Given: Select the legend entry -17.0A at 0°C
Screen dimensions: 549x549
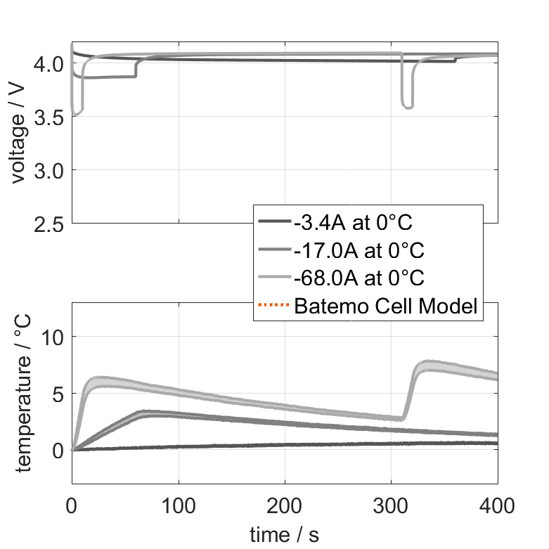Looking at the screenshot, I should pyautogui.click(x=359, y=250).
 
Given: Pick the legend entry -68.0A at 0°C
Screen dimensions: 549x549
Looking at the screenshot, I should pyautogui.click(x=359, y=278).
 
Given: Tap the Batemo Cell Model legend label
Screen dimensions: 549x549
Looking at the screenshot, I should pyautogui.click(x=387, y=306).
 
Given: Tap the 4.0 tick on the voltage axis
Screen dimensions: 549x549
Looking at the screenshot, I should pyautogui.click(x=49, y=64).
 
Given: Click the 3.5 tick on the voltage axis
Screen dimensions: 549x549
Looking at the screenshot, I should pyautogui.click(x=49, y=117).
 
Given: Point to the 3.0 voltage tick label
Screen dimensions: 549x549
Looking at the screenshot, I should pyautogui.click(x=49, y=171).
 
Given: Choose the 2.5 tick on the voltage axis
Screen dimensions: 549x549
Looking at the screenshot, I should pyautogui.click(x=49, y=224).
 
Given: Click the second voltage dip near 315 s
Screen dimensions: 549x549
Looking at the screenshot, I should pyautogui.click(x=407, y=106).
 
